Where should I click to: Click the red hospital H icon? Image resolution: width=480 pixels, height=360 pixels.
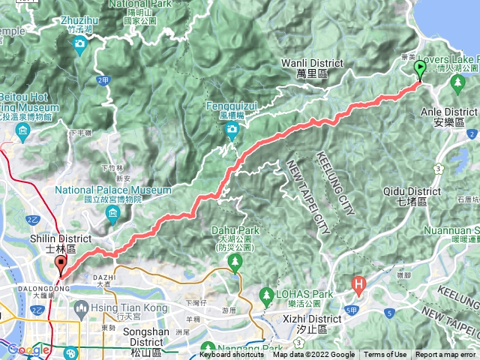coord(360,285)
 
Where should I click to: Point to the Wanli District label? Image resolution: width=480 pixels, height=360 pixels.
coord(312,63)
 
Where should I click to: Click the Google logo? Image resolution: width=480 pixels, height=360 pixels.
coord(28,349)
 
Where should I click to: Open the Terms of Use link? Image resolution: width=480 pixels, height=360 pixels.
coord(385,355)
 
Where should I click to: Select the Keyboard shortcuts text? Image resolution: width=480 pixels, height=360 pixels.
coord(232,355)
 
